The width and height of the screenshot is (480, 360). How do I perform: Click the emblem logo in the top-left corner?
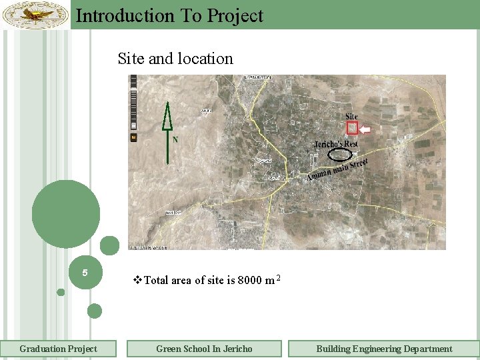click(x=35, y=15)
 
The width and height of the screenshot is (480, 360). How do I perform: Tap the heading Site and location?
click(x=175, y=59)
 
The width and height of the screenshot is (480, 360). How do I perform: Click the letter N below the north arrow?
click(x=175, y=140)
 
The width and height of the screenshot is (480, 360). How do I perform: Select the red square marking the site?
click(x=352, y=128)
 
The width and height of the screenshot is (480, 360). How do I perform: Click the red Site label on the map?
click(x=352, y=117)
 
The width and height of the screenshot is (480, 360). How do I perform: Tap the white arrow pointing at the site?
click(x=368, y=128)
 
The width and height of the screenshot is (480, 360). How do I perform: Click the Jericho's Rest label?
click(x=336, y=144)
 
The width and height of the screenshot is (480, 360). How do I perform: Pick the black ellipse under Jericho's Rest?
click(x=341, y=155)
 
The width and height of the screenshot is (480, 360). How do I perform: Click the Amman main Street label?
click(x=338, y=169)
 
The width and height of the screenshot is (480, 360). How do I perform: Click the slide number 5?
click(x=85, y=273)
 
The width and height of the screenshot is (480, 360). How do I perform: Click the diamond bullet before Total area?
click(x=138, y=280)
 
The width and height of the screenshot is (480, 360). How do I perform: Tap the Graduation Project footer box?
click(x=58, y=349)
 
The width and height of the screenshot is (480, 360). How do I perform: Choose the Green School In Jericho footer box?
click(x=204, y=349)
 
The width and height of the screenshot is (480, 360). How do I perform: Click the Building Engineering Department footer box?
click(x=384, y=349)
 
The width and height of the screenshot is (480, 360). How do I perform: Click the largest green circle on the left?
click(x=66, y=214)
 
